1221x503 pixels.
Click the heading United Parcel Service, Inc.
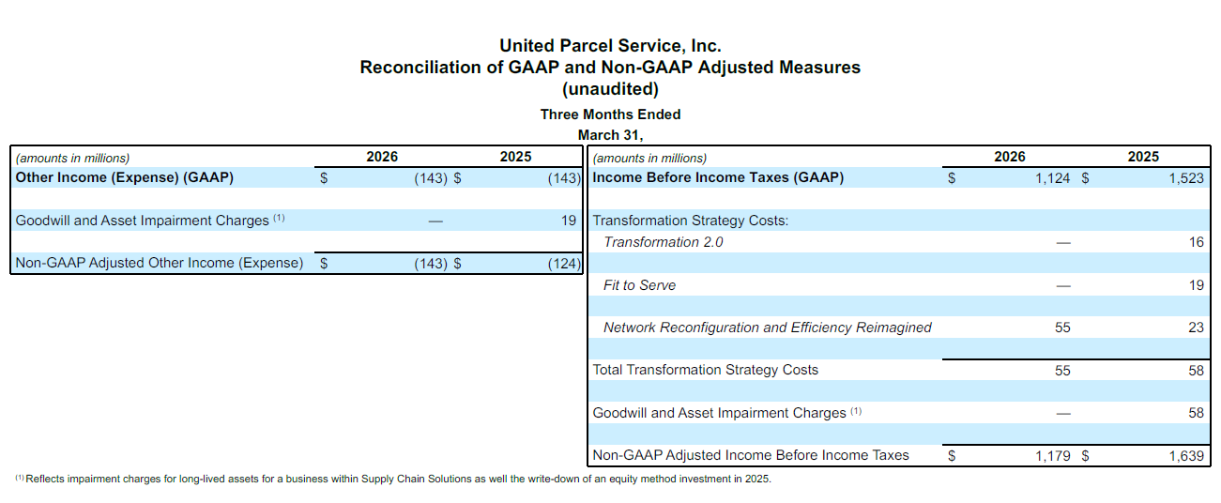[610, 45]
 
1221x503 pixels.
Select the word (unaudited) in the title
[610, 90]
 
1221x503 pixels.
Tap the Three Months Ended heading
[610, 114]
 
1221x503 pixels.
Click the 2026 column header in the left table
[382, 157]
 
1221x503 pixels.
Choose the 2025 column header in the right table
[1143, 157]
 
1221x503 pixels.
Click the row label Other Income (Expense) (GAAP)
[125, 177]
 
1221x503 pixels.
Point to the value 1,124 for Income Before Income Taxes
[1052, 177]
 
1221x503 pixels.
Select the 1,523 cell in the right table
[1186, 177]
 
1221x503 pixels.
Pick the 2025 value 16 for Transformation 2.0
[1196, 242]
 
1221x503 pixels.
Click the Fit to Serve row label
[639, 285]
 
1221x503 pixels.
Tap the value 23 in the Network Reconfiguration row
[1196, 328]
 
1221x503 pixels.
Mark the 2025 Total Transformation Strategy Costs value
[1196, 370]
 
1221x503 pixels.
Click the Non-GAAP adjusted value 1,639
[1186, 456]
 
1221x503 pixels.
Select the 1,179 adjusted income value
[1052, 456]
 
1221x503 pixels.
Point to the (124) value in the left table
[565, 264]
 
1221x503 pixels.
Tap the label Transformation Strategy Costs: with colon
[691, 221]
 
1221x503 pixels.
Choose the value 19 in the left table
[569, 221]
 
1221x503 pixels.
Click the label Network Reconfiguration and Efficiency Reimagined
[767, 328]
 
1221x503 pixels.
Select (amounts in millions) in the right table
[649, 158]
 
